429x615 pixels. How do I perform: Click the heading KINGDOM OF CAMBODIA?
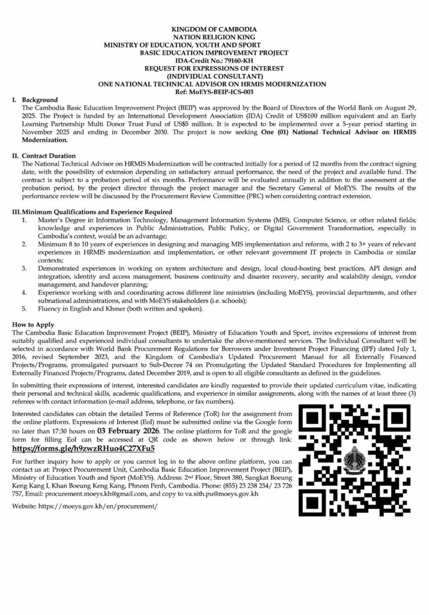pos(214,29)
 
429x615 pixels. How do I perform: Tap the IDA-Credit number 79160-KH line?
pos(214,61)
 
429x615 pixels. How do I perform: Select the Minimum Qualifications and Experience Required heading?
pos(96,211)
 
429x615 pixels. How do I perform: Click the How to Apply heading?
pos(32,324)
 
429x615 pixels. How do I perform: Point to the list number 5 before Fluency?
pos(24,309)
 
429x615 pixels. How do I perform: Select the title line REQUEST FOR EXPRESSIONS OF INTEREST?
pos(214,68)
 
